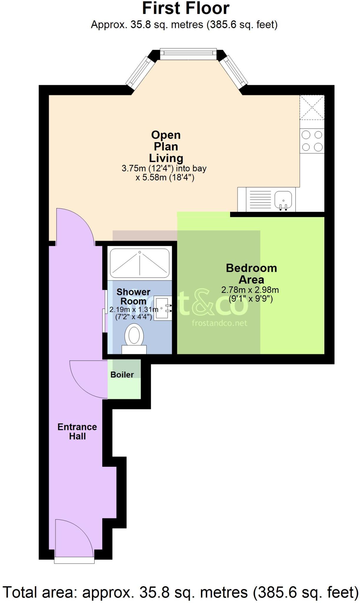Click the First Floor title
click(186, 8)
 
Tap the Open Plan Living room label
click(166, 146)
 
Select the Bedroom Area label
click(251, 274)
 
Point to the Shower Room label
click(133, 296)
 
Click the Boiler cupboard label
click(122, 375)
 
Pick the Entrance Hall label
click(77, 431)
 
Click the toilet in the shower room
click(134, 337)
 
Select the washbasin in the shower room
click(162, 308)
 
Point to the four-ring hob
click(312, 141)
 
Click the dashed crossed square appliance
click(312, 107)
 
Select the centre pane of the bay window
click(188, 53)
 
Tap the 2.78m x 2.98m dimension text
click(250, 290)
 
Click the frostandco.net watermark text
click(219, 323)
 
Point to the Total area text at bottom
click(180, 592)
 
